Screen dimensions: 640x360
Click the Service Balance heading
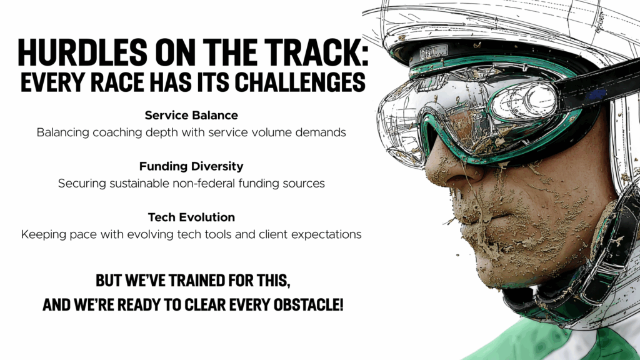(x=191, y=116)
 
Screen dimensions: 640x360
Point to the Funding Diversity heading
(x=191, y=166)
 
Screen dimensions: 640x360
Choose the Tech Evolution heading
(x=191, y=217)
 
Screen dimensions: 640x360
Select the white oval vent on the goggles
(x=524, y=101)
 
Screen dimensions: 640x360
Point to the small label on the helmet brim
(x=434, y=52)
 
